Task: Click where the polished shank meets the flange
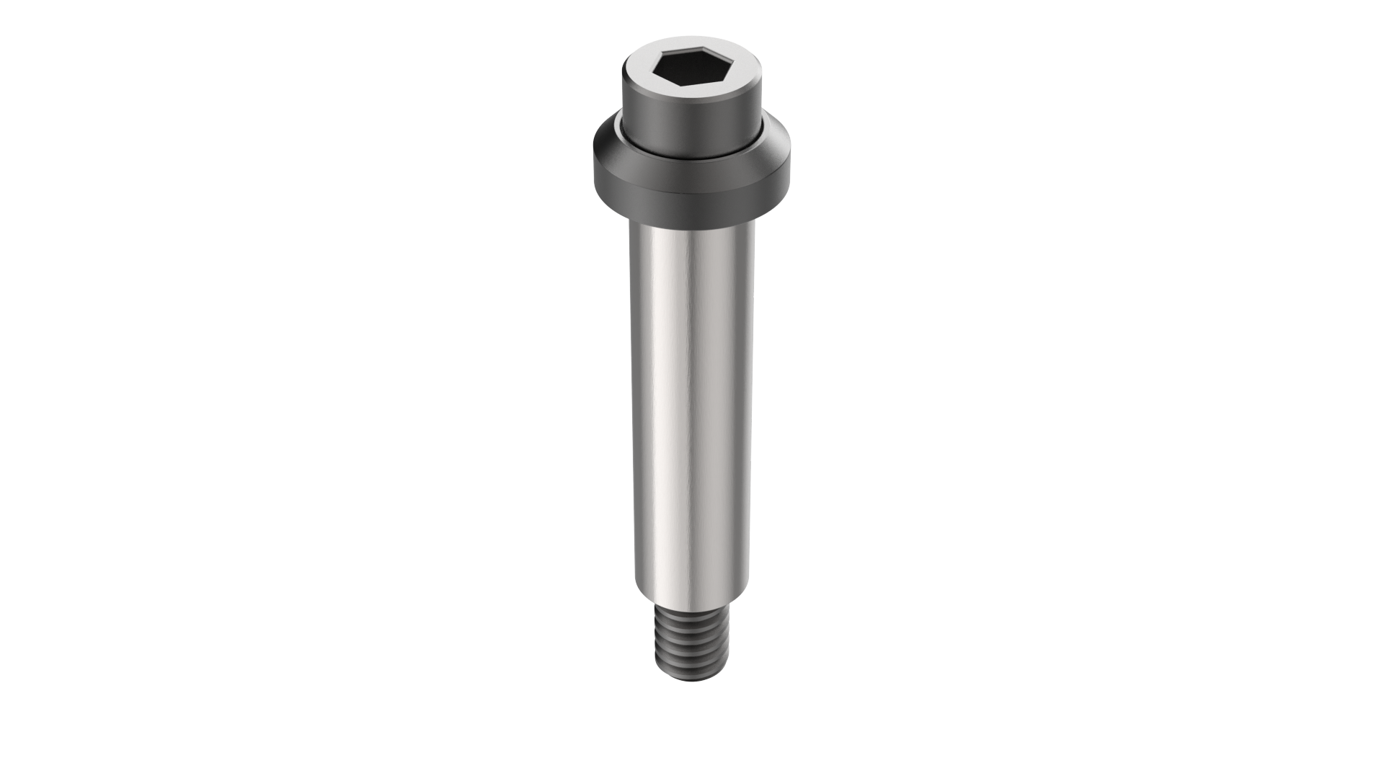pyautogui.click(x=692, y=225)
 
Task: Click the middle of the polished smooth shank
pyautogui.click(x=692, y=411)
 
